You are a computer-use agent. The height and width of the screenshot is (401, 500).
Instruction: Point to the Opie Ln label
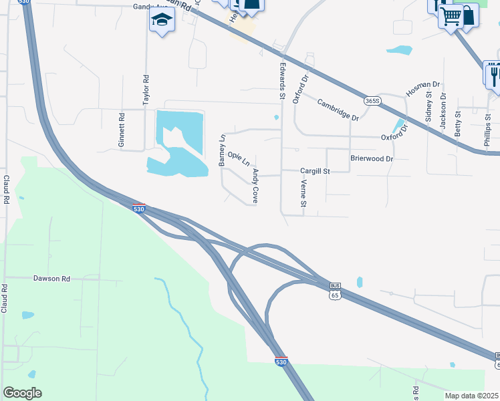(239, 158)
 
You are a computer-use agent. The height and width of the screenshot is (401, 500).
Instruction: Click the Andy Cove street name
(255, 185)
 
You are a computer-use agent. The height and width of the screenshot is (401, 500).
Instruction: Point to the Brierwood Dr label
(372, 159)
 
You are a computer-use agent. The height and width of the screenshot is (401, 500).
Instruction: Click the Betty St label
(458, 124)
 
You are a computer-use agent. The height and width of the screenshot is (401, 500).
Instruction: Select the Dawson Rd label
(51, 277)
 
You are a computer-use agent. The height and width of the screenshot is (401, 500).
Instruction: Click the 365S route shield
(373, 101)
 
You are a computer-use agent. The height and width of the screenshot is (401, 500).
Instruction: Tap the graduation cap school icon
(161, 21)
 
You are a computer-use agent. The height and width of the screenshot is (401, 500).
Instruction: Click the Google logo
(22, 393)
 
